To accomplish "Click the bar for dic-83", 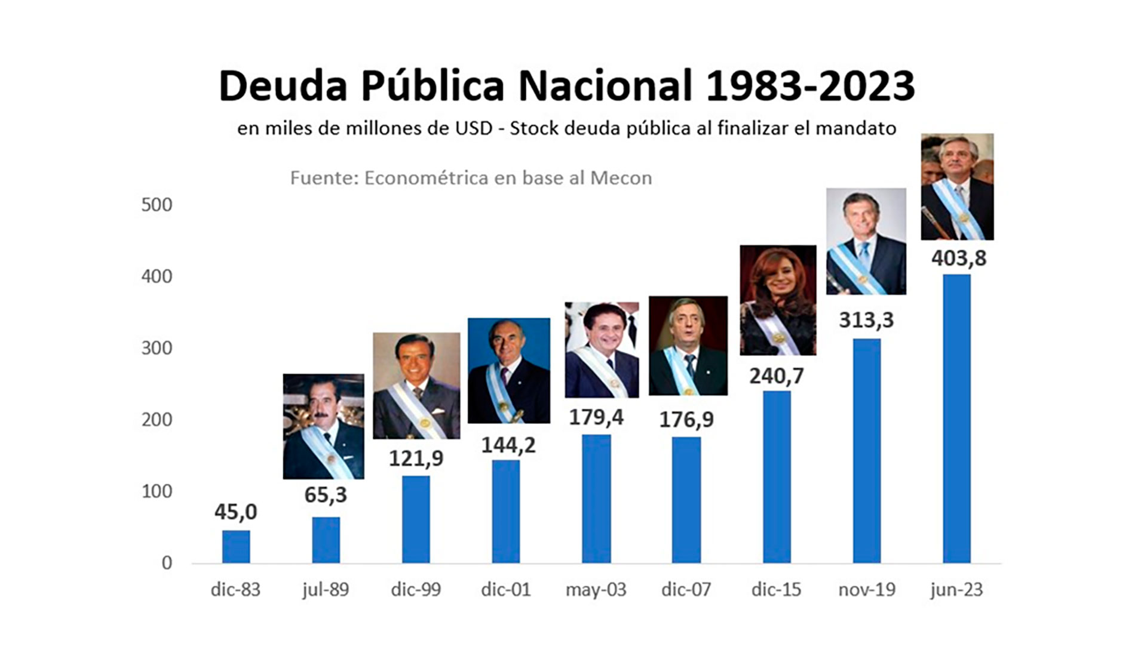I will pyautogui.click(x=236, y=546).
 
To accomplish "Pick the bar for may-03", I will pyautogui.click(x=596, y=498).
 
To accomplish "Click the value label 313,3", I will pyautogui.click(x=866, y=320).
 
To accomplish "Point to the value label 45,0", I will pyautogui.click(x=236, y=512).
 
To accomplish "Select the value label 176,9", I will pyautogui.click(x=686, y=420).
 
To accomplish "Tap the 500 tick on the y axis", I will pyautogui.click(x=157, y=205).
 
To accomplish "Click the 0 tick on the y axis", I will pyautogui.click(x=167, y=563).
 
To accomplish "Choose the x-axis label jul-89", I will pyautogui.click(x=326, y=590).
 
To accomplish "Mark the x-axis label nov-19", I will pyautogui.click(x=866, y=590).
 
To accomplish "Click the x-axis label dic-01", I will pyautogui.click(x=506, y=590).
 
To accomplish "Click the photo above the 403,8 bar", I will pyautogui.click(x=957, y=187).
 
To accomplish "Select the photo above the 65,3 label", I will pyautogui.click(x=323, y=426).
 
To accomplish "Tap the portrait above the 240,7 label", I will pyautogui.click(x=778, y=300).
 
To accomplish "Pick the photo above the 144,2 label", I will pyautogui.click(x=508, y=371).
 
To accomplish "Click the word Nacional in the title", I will pyautogui.click(x=605, y=86).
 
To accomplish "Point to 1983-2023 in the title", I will pyautogui.click(x=810, y=86).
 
